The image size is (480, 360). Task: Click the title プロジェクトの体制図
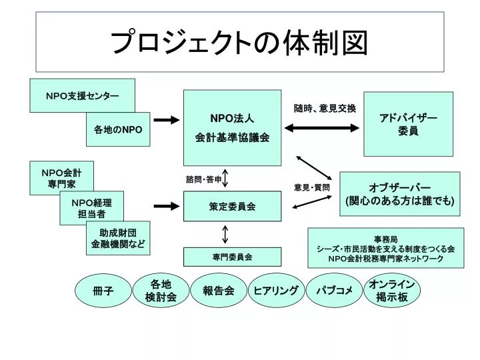tap(239, 42)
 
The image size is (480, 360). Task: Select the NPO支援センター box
tap(82, 95)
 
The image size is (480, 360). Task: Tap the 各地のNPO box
tap(118, 129)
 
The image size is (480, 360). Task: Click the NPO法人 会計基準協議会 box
tap(233, 127)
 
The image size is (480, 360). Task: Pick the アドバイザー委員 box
tap(408, 124)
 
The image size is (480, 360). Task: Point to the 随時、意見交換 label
tap(325, 108)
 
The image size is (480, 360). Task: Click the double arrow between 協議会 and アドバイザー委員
tap(322, 128)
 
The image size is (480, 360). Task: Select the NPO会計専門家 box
tap(61, 178)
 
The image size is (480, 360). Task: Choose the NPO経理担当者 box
tap(91, 208)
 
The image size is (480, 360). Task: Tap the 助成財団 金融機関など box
tap(118, 238)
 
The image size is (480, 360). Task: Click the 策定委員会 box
tap(233, 206)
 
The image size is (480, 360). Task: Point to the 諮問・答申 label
tap(203, 179)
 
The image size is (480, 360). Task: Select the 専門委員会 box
tap(233, 257)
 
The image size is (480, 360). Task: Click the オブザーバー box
tap(400, 194)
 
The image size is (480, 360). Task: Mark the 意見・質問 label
tap(311, 187)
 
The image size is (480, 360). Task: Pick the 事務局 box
tap(386, 247)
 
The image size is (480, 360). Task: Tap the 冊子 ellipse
tap(103, 290)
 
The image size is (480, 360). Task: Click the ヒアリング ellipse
tap(276, 290)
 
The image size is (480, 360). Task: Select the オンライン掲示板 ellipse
tap(392, 290)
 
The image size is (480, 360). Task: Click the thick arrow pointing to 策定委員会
tap(167, 206)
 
